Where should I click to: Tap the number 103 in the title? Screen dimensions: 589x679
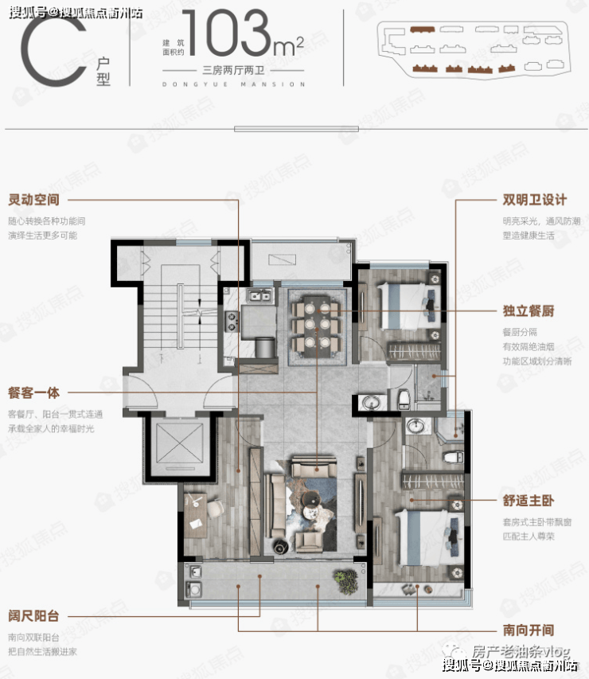[x=225, y=33]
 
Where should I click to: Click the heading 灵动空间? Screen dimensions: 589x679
[x=33, y=200]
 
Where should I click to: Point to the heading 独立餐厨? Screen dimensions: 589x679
[x=529, y=310]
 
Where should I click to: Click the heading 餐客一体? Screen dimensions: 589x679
[x=33, y=392]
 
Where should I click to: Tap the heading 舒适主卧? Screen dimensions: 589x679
[x=529, y=501]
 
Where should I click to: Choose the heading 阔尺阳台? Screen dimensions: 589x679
[x=33, y=615]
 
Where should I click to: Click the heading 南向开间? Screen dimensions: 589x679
[x=529, y=630]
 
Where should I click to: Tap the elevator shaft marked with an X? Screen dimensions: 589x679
[x=179, y=444]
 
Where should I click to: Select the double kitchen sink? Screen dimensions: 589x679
[x=259, y=296]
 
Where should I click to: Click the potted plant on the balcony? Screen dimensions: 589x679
[x=346, y=582]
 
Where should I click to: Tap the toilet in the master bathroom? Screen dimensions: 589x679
[x=454, y=457]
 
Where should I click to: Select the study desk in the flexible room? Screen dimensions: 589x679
[x=195, y=515]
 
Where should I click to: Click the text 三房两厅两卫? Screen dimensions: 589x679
[x=234, y=70]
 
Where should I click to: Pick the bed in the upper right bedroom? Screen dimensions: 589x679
[x=409, y=306]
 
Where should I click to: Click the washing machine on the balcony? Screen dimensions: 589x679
[x=194, y=589]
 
